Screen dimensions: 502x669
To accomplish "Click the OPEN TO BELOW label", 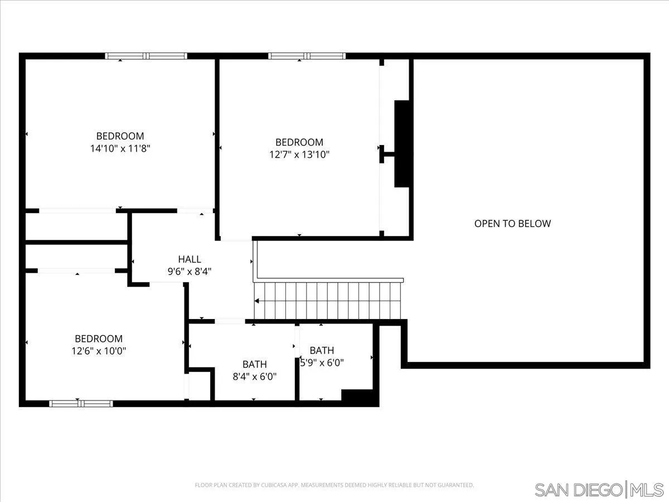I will pos(512,224).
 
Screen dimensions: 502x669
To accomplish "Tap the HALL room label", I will pos(190,259).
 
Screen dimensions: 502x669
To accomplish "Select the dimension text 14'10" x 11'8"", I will pos(120,148).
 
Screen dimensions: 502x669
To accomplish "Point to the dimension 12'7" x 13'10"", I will pos(299,155).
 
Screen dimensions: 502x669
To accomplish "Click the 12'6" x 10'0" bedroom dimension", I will pos(99,351).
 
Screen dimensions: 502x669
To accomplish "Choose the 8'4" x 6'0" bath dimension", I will pos(254,376).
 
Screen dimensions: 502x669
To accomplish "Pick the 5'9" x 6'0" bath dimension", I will pos(322,363).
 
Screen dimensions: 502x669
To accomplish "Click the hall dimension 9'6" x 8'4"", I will pos(190,272).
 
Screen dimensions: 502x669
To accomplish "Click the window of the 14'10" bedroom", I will pos(146,56).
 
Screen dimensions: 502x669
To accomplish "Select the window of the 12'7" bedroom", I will pos(307,56).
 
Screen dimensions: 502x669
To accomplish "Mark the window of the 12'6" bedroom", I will pos(81,403).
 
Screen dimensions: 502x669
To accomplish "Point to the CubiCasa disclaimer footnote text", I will pos(334,485).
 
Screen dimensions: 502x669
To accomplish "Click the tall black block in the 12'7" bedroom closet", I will pos(401,144).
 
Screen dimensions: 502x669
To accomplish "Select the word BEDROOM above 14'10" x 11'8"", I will pos(120,136).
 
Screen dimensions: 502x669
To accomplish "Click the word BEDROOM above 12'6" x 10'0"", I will pos(99,339).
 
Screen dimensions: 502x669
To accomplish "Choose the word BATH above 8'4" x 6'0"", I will pos(254,364).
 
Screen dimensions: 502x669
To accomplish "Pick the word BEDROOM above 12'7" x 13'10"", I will pos(299,142).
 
